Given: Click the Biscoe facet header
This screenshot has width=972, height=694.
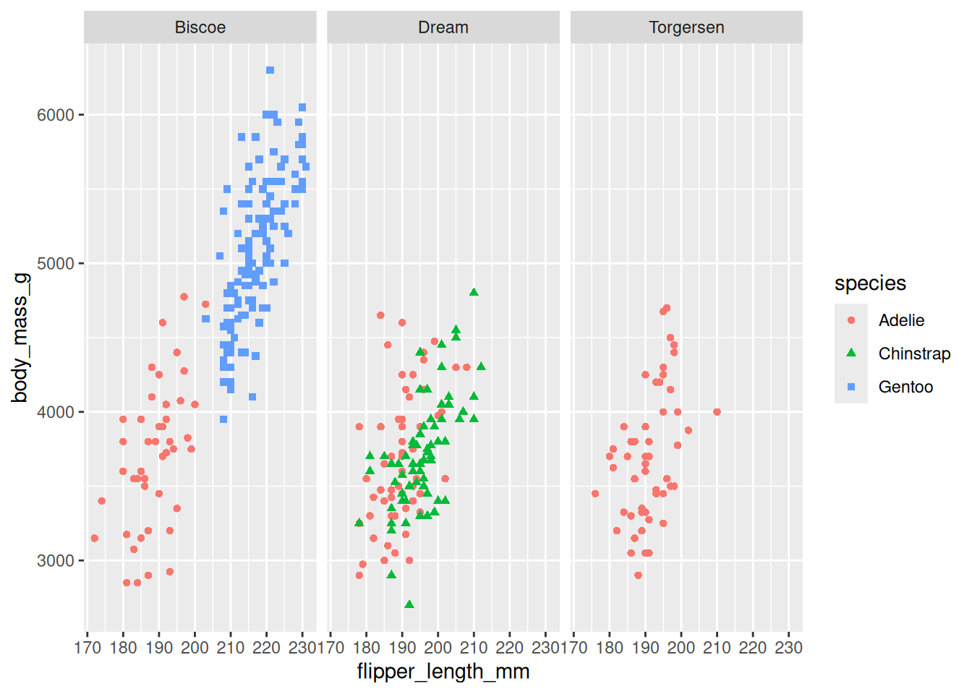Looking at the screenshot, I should (x=200, y=27).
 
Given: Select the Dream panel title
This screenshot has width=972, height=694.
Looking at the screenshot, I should (x=443, y=27).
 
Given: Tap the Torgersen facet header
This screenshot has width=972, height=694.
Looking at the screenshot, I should (x=686, y=27).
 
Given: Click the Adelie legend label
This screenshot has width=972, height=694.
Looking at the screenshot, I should (x=901, y=320).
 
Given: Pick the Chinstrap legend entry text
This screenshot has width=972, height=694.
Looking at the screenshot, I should (x=914, y=354).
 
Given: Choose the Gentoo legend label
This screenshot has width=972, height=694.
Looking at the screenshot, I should (x=905, y=387).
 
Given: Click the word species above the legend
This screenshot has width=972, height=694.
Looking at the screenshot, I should (x=870, y=283).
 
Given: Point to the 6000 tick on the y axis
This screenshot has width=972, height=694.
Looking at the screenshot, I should (x=56, y=115).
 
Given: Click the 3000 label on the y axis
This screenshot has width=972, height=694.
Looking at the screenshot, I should (x=56, y=561).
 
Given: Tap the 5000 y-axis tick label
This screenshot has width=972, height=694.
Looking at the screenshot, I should (x=56, y=264).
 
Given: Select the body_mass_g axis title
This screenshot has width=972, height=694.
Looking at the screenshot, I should (x=20, y=338).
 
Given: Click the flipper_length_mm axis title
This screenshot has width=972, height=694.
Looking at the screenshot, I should (x=443, y=672).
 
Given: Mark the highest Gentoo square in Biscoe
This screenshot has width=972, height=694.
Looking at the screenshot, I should (x=270, y=70).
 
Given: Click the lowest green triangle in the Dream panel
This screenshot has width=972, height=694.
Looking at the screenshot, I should (x=409, y=604).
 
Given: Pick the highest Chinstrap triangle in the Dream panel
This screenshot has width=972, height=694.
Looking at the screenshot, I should (x=474, y=293).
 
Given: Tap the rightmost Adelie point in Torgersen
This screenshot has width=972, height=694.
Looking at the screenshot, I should (x=717, y=412).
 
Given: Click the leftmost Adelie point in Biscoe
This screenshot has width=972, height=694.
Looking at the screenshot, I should (x=95, y=539).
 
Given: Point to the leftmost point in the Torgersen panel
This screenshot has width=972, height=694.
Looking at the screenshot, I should (x=595, y=494).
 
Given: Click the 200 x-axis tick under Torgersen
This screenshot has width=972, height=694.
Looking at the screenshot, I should (x=681, y=647).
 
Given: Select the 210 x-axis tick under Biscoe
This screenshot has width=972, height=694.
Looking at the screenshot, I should (x=231, y=647).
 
